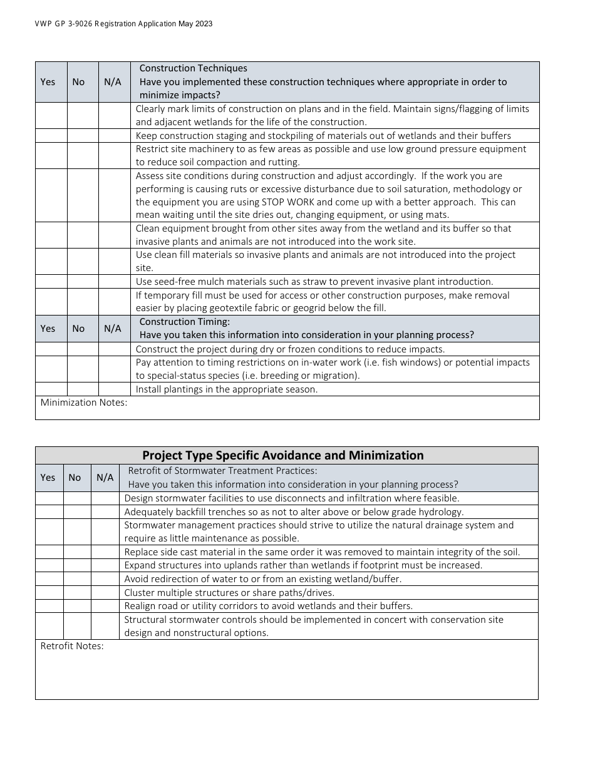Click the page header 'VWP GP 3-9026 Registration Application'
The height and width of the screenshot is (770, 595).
[123, 24]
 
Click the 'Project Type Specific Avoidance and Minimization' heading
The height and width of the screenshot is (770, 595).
[283, 456]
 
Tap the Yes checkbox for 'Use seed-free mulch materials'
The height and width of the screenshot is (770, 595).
[51, 282]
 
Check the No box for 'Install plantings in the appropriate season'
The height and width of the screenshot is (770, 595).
[83, 389]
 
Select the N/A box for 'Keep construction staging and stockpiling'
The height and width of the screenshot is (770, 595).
[114, 136]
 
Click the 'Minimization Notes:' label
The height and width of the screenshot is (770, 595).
[84, 403]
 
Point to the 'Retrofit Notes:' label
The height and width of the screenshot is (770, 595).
[72, 646]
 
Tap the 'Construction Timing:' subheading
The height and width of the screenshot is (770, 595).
[184, 322]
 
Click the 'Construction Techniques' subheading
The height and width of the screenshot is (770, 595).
[193, 68]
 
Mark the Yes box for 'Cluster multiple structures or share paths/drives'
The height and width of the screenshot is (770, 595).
[49, 593]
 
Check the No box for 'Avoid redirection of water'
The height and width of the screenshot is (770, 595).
[77, 579]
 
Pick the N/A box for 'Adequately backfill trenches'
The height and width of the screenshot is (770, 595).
[105, 512]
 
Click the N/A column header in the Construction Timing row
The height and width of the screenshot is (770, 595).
[113, 329]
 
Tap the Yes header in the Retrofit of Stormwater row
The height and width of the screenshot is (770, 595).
[48, 478]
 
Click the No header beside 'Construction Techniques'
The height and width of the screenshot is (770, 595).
[78, 82]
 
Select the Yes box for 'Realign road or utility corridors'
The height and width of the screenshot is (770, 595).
[49, 606]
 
